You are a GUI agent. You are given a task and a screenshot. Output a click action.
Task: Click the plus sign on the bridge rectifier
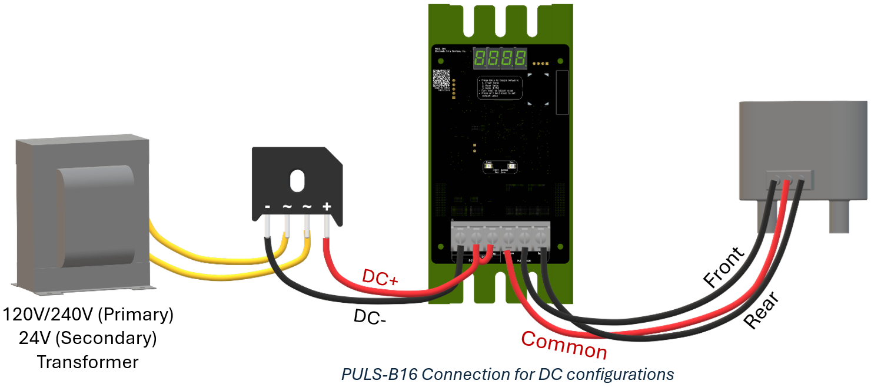(327, 207)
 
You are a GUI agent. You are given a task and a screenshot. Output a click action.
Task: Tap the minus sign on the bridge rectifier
(267, 207)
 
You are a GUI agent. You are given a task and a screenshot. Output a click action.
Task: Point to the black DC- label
(370, 318)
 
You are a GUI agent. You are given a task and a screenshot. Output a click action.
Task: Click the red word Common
(564, 346)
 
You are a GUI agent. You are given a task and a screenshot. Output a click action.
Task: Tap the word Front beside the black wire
(724, 267)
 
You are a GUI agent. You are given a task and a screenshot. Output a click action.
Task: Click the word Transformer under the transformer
(88, 361)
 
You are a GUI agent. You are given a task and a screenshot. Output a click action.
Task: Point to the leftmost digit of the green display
(481, 58)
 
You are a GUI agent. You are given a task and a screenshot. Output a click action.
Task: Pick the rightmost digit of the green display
(520, 58)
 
